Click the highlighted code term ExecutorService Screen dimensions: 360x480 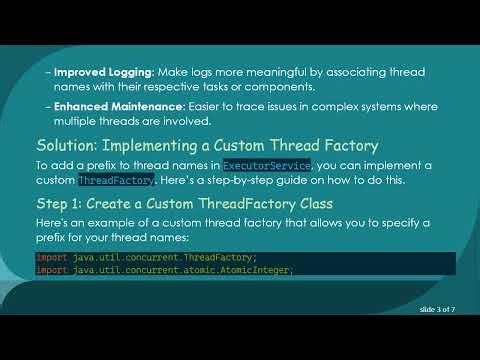coord(267,164)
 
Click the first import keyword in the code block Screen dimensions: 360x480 coord(51,258)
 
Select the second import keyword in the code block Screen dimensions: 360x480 coord(51,270)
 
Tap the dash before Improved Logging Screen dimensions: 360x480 coord(48,73)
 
